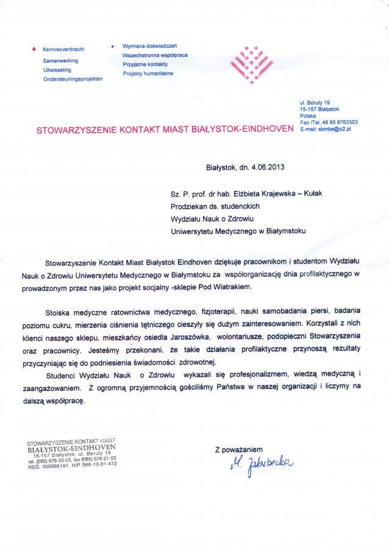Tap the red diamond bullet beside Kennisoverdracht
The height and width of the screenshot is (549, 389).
(x=34, y=49)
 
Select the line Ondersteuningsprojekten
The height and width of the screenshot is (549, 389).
(x=73, y=79)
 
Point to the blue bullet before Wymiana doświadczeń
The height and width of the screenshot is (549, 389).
(x=113, y=46)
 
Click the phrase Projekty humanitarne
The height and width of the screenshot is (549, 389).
(x=148, y=73)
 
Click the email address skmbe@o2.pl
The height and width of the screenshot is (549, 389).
(x=334, y=129)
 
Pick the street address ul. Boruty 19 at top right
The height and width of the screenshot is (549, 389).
(x=315, y=102)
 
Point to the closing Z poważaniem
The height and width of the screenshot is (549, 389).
(x=238, y=450)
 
